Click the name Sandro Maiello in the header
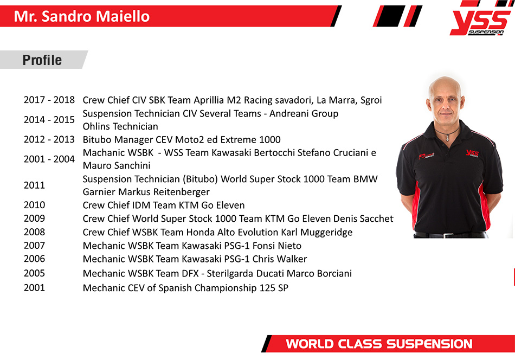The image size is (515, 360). click(95, 16)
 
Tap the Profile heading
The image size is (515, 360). click(42, 60)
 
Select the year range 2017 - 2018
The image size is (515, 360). click(49, 100)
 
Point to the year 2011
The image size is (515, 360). click(34, 185)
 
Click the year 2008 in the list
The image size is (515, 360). click(34, 232)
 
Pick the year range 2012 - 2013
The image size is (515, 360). click(49, 139)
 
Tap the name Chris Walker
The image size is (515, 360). click(280, 259)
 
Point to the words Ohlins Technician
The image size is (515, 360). click(120, 126)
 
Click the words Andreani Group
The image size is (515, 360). click(304, 114)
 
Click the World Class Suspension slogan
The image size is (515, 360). click(379, 344)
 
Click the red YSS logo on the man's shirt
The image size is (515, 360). click(472, 153)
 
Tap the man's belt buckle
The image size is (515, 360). click(446, 235)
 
